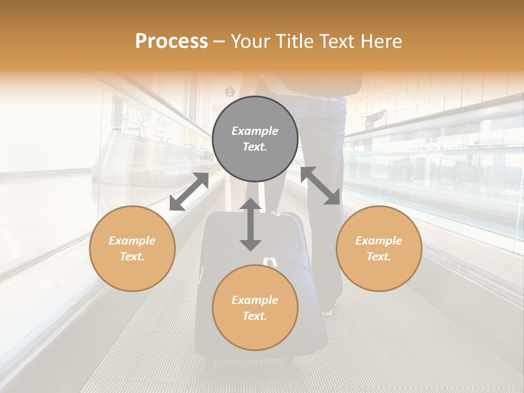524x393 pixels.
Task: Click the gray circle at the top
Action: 255,139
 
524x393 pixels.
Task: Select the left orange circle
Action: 132,248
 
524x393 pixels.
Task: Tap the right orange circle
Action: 379,248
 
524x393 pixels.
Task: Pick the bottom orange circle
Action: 255,307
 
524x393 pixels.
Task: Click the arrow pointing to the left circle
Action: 189,192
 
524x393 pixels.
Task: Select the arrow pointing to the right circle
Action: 320,186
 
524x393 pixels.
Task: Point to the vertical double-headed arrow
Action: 251,224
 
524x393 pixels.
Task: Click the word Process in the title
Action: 171,41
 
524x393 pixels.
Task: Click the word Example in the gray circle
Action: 255,131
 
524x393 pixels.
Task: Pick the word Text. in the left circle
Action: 132,257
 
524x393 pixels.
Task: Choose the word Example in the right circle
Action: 379,240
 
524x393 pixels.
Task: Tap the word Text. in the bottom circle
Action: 255,316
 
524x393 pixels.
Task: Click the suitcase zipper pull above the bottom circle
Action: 270,261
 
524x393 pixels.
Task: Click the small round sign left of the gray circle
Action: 230,92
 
